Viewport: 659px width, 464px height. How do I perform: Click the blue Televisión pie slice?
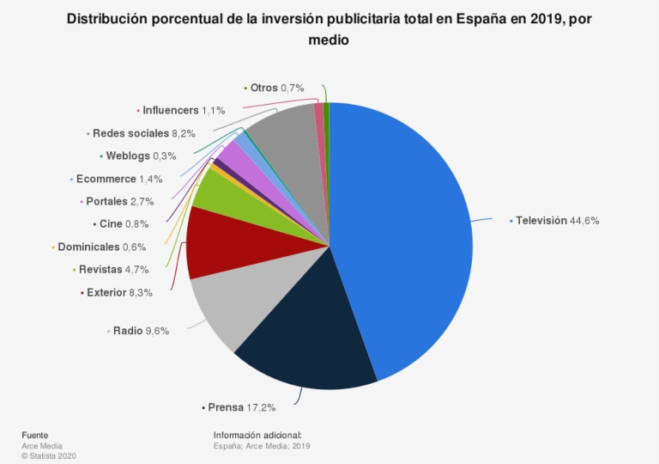[403, 241]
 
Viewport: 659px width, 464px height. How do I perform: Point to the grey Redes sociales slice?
[283, 137]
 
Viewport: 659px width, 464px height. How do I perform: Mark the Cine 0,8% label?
[124, 224]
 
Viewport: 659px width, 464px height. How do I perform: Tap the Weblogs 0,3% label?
[140, 156]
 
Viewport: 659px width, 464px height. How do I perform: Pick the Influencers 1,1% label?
[184, 110]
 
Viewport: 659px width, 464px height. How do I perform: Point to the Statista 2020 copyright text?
[50, 455]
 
